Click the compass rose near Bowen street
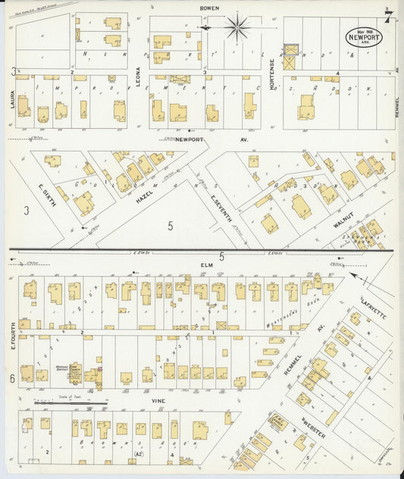[x=238, y=27]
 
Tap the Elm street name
[x=205, y=265]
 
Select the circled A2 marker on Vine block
[x=137, y=454]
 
